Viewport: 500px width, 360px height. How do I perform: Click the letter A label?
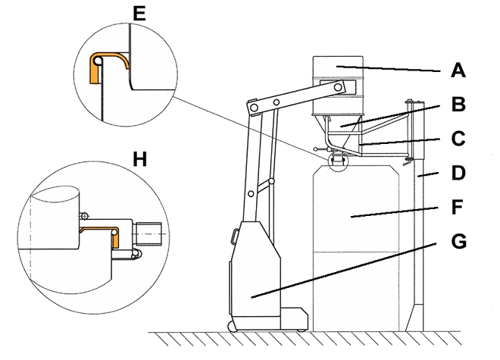(x=458, y=70)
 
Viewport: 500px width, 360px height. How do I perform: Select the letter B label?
(x=458, y=104)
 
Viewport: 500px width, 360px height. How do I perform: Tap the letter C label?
(x=458, y=139)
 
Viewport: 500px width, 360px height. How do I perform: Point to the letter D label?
(x=458, y=173)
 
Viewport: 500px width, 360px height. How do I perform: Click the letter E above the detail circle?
(x=139, y=14)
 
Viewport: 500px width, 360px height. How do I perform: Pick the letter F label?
(x=458, y=207)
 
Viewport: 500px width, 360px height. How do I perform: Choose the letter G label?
(x=459, y=241)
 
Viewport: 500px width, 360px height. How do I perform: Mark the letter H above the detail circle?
(x=139, y=159)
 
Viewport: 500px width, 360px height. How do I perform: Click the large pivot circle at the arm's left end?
(x=254, y=107)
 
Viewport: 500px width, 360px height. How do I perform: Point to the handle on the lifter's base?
(x=235, y=236)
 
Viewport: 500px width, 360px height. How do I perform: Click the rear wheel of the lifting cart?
(x=231, y=326)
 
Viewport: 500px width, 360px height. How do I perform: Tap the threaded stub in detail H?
(x=149, y=234)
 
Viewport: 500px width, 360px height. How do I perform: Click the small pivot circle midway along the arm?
(x=277, y=102)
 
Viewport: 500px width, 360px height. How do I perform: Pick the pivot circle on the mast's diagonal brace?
(x=271, y=181)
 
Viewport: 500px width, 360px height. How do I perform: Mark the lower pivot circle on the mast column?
(x=251, y=194)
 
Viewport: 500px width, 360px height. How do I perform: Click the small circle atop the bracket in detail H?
(x=84, y=217)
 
